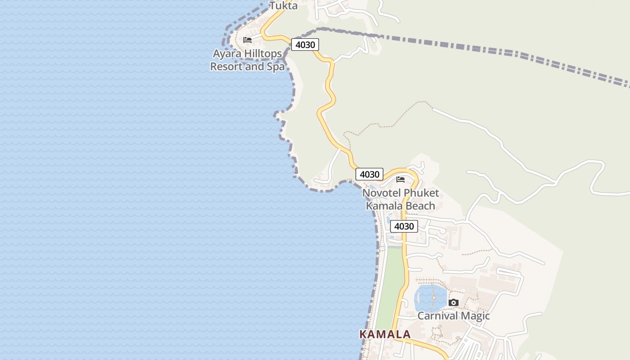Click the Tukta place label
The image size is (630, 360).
283,6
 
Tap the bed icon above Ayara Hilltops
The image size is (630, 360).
247,40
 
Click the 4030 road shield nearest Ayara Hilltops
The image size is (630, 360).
305,45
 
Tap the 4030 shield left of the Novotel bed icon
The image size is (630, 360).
369,174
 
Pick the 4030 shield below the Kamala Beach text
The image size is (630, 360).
404,226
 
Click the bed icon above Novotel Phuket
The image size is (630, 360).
400,180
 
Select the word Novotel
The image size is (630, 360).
382,193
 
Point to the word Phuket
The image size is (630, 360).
421,193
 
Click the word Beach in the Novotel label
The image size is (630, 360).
418,206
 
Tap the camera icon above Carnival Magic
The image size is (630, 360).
454,302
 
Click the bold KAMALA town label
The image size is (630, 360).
385,334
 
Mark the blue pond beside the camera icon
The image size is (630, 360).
429,297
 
